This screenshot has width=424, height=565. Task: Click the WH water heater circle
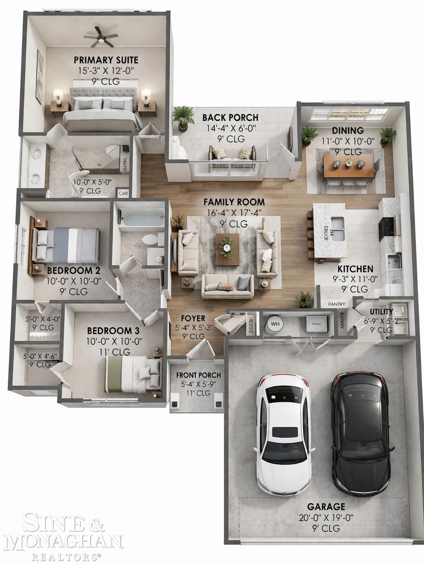[275, 323]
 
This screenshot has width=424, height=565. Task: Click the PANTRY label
[337, 304]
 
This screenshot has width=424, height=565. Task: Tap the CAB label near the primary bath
[123, 193]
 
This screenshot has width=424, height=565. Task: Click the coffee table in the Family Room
[227, 249]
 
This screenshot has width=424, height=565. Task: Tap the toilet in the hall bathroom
[149, 240]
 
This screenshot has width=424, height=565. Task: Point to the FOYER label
[193, 318]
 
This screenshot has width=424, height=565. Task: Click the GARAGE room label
[326, 507]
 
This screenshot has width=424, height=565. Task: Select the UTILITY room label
[381, 312]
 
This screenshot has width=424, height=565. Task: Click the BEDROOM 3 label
[113, 331]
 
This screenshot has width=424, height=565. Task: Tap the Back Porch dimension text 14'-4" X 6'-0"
[231, 128]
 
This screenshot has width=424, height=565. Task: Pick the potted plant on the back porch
[183, 115]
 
